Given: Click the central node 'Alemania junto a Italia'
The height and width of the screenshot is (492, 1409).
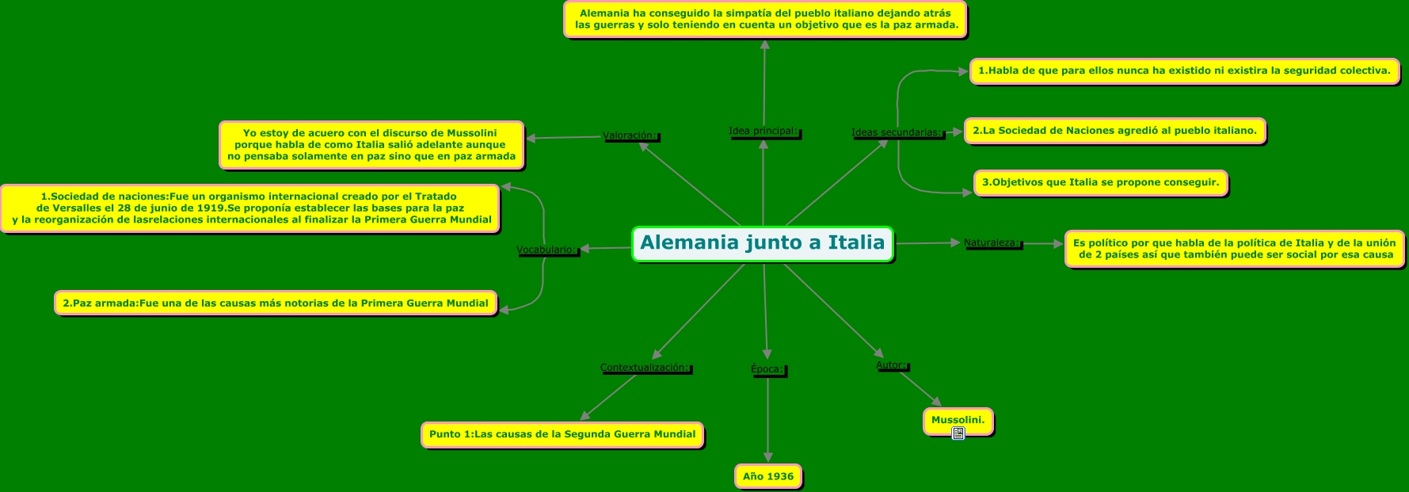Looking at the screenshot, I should point(762,243).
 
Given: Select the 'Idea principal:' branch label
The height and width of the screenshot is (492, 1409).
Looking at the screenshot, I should point(764,132).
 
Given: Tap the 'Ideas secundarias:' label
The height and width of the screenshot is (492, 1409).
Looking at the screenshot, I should point(897,133).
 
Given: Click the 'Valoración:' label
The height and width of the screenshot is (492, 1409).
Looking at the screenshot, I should point(630,135).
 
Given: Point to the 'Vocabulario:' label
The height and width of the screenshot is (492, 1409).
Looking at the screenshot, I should point(546,250).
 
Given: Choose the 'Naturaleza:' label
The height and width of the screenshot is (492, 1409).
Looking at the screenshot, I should point(992,243).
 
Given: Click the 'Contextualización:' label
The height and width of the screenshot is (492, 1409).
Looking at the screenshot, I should point(645,368).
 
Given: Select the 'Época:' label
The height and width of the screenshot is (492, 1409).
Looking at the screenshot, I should point(767,369).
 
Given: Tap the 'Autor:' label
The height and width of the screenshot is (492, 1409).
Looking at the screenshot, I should point(891,365).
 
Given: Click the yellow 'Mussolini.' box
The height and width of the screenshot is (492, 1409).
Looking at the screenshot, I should point(958,420).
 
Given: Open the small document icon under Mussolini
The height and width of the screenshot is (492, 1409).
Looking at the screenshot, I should point(958,433).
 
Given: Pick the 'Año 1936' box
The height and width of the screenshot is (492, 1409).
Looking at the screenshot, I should point(767,476).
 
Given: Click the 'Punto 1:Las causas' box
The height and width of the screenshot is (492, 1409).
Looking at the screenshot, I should point(562,434).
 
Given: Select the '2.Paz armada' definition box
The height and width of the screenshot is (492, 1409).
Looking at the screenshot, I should point(275,303).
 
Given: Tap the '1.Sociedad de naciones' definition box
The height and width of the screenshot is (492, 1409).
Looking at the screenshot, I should point(250,208).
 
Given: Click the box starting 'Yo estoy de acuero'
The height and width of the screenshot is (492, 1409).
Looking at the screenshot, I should point(371,145).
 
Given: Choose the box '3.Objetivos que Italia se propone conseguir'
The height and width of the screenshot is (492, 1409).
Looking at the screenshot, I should point(1099,182).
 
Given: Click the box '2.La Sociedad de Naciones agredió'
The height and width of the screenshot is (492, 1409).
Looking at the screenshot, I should point(1114,131).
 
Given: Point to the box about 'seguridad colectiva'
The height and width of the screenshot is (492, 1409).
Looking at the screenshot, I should point(1183,71).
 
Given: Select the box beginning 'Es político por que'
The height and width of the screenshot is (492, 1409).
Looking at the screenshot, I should point(1233,249).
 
